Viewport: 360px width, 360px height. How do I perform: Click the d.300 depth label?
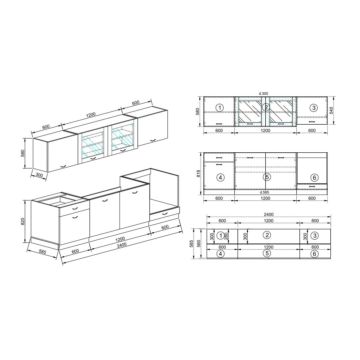click(263, 93)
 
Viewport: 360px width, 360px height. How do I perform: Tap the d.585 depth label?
click(264, 192)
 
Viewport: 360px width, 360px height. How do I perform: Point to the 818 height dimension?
click(199, 173)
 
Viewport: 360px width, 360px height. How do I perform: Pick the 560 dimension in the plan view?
click(199, 243)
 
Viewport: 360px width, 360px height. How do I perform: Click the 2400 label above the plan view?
click(269, 214)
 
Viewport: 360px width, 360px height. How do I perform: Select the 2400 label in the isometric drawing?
click(121, 245)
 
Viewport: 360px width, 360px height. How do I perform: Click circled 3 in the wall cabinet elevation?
click(314, 107)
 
